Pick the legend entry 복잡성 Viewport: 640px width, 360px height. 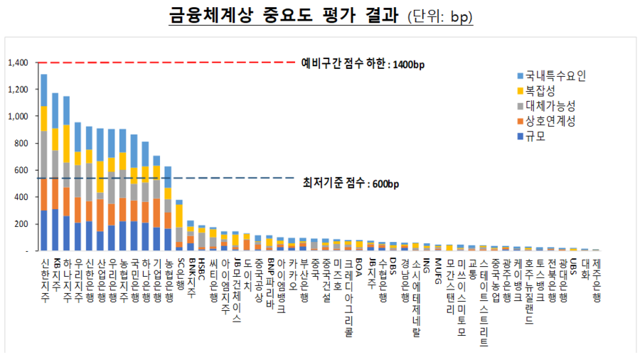[x=543, y=90]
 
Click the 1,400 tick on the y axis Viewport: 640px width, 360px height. [x=18, y=63]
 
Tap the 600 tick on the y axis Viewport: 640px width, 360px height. [x=22, y=170]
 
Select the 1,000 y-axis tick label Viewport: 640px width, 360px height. [x=18, y=116]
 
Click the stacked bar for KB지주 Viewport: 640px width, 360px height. [x=55, y=171]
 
